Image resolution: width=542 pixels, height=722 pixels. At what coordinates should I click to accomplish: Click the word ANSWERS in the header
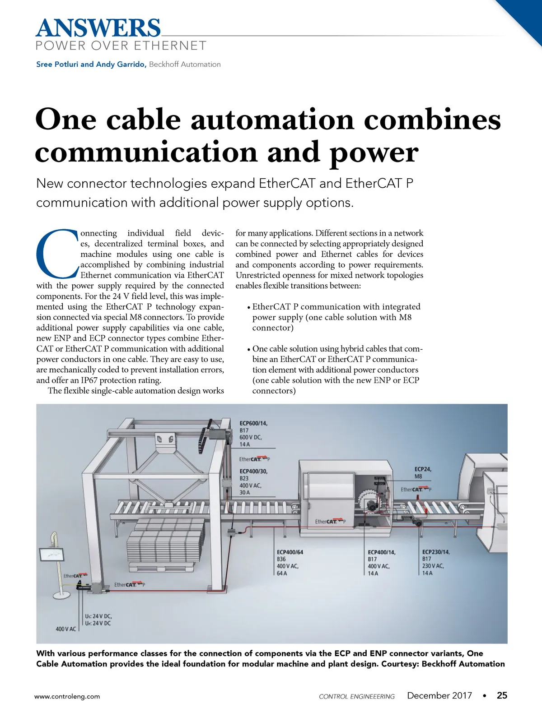[98, 28]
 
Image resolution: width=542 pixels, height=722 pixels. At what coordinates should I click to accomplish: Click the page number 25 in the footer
[502, 695]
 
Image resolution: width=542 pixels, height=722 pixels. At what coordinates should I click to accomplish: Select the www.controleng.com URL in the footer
[67, 696]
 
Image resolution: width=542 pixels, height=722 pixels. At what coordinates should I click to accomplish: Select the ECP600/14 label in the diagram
[253, 423]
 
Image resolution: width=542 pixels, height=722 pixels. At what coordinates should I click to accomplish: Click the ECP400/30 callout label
[253, 471]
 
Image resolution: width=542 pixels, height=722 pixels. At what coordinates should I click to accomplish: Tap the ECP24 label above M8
[423, 469]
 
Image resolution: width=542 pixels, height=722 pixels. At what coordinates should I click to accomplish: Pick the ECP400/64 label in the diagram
[290, 552]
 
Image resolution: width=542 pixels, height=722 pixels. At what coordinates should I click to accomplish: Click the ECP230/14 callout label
[436, 552]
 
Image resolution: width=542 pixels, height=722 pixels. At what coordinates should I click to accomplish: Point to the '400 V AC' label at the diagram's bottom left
[66, 629]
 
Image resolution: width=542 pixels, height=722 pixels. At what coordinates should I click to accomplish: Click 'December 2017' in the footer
[439, 695]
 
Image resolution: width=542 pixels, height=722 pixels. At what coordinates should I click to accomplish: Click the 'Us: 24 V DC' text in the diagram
[98, 616]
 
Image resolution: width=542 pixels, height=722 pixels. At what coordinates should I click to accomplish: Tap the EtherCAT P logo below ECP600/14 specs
[254, 459]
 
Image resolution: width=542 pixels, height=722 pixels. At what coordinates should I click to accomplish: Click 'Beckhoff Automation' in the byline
[185, 64]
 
